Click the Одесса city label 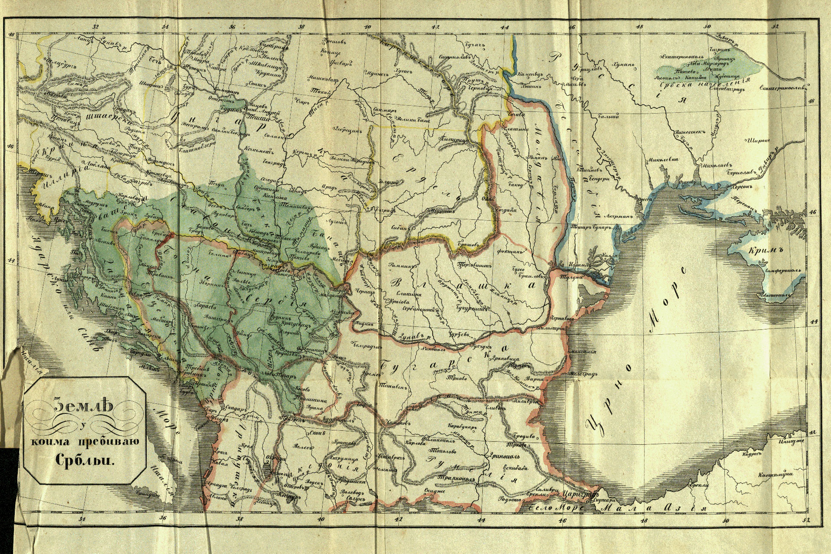coord(645,199)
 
